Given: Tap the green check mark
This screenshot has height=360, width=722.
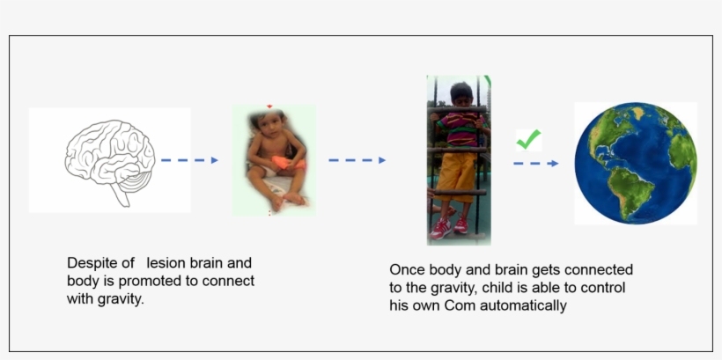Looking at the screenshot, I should point(528,139).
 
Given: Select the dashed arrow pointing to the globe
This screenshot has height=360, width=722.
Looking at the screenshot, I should point(535,163).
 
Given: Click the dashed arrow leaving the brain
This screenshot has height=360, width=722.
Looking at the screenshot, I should point(189,160).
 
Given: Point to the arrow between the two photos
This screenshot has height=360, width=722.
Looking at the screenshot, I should point(357,160).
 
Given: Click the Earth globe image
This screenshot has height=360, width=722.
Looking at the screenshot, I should point(635,163).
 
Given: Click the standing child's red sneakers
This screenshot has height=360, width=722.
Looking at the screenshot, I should point(450,225).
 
